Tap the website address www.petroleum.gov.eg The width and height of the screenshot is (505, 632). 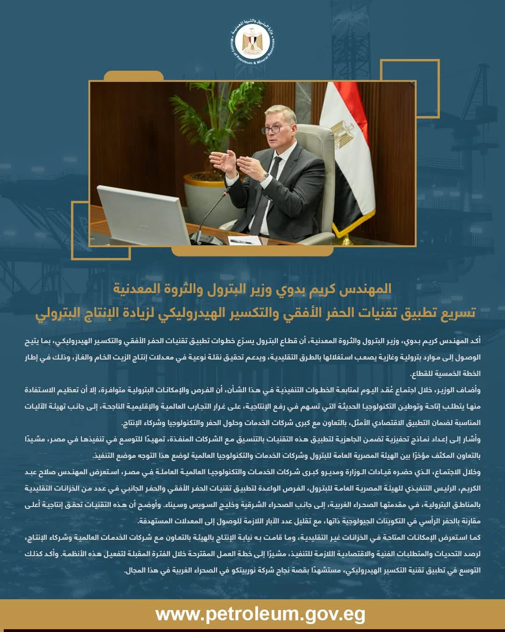click(260, 614)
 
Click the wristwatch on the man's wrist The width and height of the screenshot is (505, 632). click(266, 176)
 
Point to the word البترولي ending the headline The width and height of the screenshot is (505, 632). click(54, 312)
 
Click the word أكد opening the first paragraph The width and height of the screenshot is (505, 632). click(474, 341)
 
